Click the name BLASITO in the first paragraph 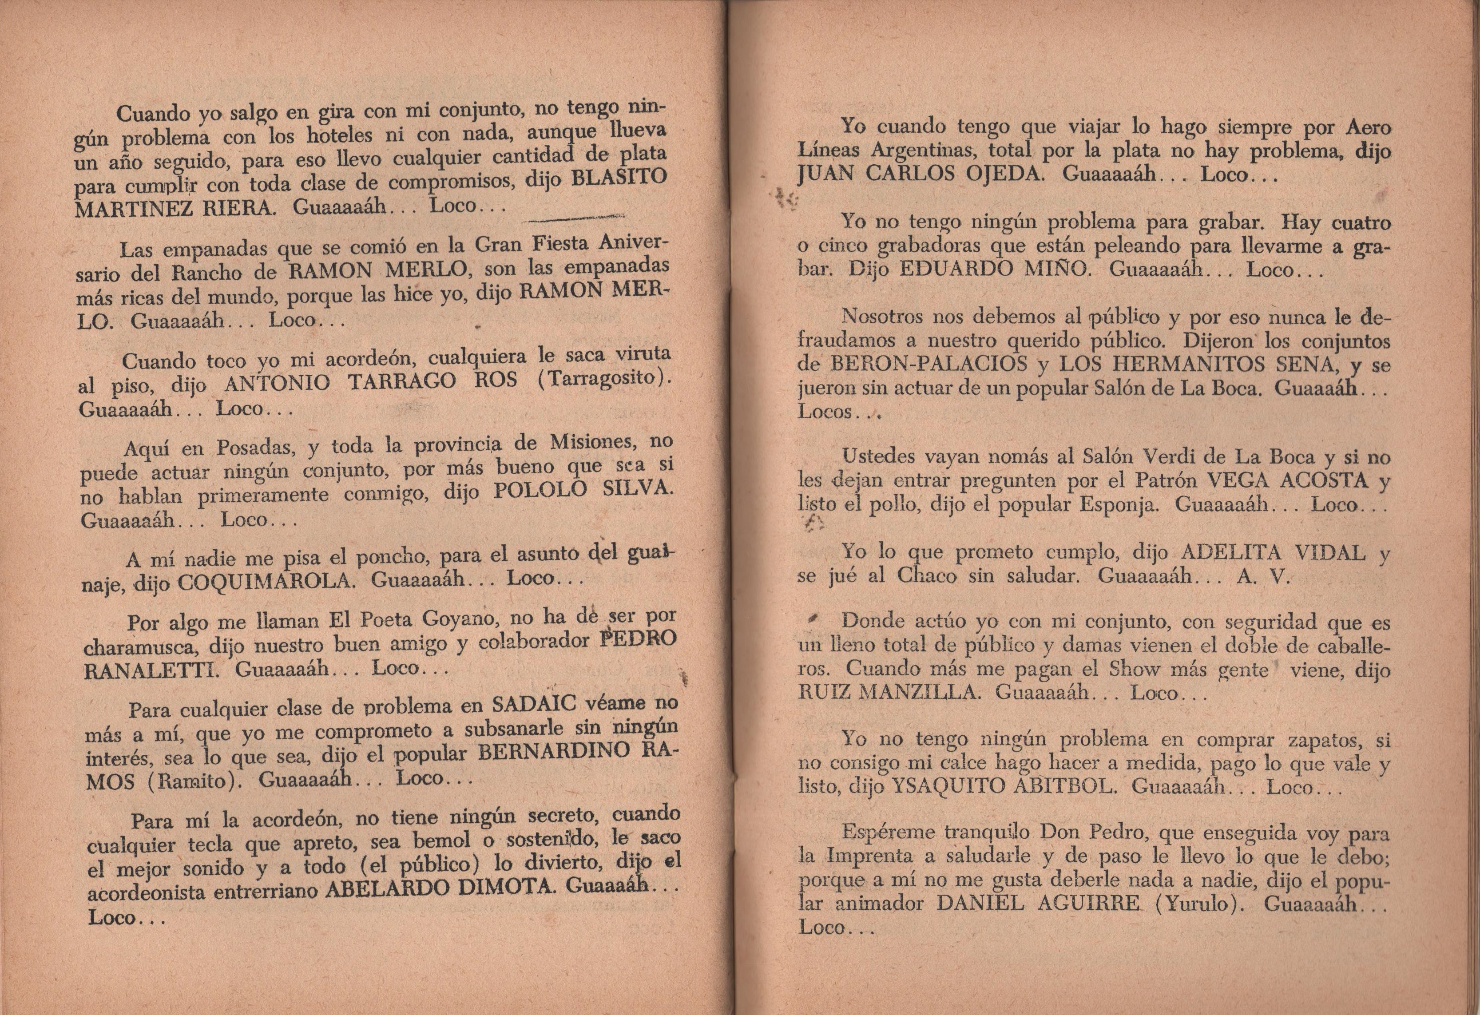tap(619, 178)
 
